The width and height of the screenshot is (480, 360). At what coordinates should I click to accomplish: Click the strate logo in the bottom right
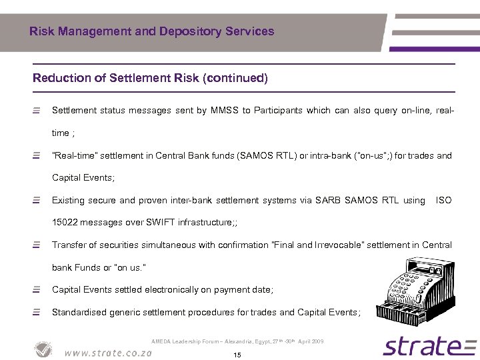coord(421,346)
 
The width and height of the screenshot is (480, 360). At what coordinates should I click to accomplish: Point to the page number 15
coord(237,355)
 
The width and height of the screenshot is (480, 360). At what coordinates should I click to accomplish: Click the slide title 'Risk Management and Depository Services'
coord(151,31)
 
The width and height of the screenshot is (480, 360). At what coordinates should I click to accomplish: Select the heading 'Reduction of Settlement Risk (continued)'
coord(150,78)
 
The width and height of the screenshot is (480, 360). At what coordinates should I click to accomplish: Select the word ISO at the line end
coord(443,200)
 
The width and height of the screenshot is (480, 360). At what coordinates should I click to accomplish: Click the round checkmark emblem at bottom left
coord(44,349)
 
